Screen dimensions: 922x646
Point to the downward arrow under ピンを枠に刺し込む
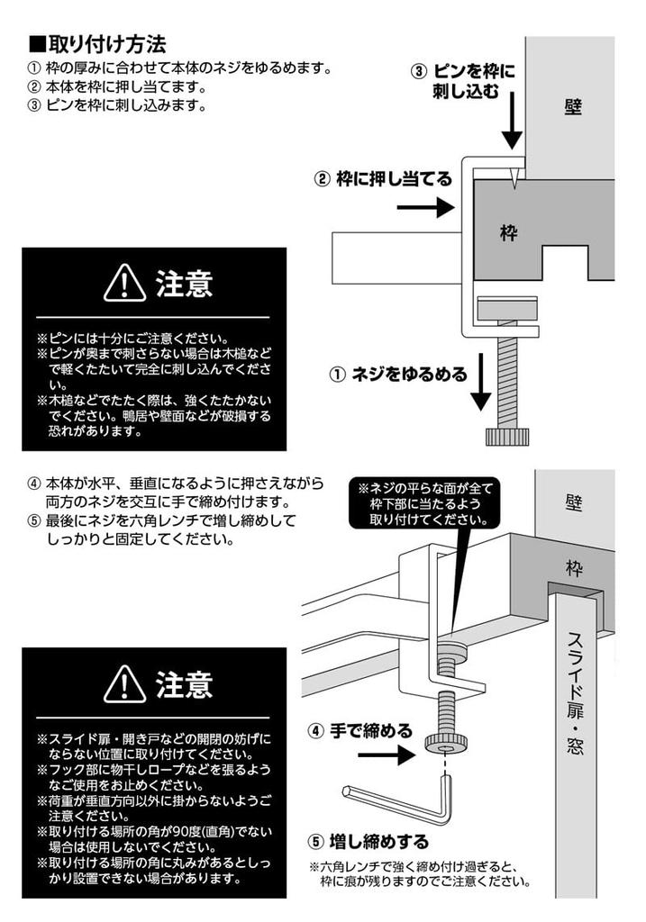512,126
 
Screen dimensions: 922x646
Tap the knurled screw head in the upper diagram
507,437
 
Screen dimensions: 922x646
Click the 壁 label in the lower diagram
574,502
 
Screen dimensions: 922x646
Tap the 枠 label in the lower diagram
574,568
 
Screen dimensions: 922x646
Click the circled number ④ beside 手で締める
315,731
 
